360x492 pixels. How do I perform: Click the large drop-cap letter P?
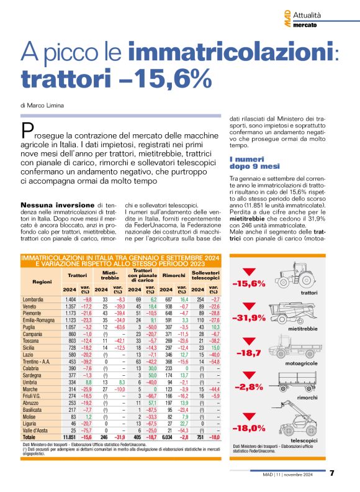(x=28, y=132)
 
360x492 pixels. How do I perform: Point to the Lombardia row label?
(x=33, y=299)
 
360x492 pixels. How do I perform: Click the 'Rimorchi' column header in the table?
(x=173, y=275)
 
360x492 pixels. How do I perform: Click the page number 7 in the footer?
(x=332, y=473)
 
